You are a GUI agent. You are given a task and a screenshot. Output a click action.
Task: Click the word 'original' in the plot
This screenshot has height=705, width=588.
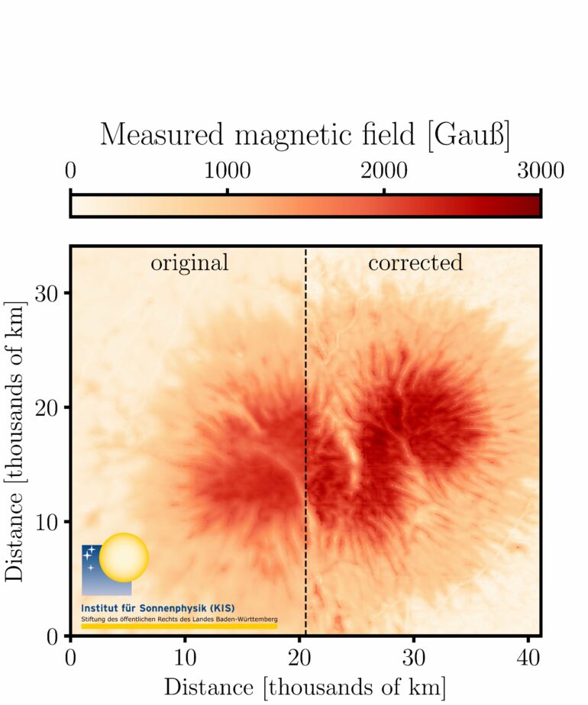189,263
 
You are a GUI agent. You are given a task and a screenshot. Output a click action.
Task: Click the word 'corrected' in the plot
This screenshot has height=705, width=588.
415,263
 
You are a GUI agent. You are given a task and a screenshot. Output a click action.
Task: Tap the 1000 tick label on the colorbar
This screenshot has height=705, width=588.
228,170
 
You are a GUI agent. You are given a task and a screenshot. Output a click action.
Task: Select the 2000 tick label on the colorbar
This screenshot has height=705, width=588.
384,170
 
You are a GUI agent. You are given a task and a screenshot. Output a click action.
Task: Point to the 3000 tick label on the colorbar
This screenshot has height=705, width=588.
539,170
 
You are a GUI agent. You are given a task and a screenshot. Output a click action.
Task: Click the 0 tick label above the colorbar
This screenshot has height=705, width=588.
71,170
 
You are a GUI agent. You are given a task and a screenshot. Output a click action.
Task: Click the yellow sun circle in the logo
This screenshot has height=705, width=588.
124,558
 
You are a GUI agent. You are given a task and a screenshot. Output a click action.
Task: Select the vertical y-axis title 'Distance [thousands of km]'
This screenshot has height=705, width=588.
17,442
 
